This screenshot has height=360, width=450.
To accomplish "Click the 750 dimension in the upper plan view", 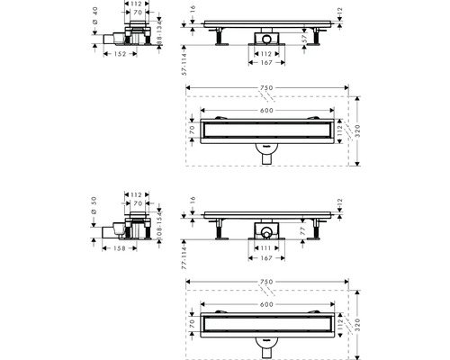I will tap(266, 87).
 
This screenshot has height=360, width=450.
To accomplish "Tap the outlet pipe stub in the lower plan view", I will tap(266, 345).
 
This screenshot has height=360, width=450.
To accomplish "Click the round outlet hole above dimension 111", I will tap(266, 232).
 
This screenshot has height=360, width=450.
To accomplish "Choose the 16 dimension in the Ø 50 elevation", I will tap(193, 202).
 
